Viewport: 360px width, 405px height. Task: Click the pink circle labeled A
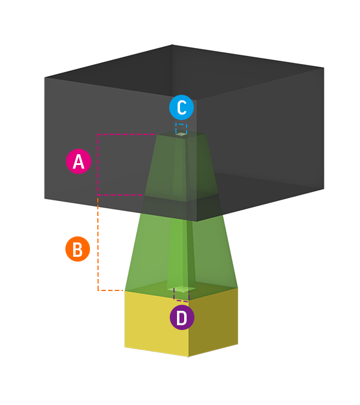tap(78, 162)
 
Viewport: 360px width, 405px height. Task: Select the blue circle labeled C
tap(181, 108)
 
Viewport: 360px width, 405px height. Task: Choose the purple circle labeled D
tap(182, 317)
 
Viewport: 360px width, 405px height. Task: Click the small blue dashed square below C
tap(181, 128)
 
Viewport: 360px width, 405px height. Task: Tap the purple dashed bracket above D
tap(181, 294)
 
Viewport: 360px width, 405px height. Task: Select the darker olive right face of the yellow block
tap(214, 321)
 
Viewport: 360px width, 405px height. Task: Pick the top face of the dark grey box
tap(180, 72)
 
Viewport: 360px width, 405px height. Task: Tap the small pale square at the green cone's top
tap(181, 134)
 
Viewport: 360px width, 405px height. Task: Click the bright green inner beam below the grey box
tap(178, 252)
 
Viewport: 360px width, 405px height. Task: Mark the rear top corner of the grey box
tap(172, 45)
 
